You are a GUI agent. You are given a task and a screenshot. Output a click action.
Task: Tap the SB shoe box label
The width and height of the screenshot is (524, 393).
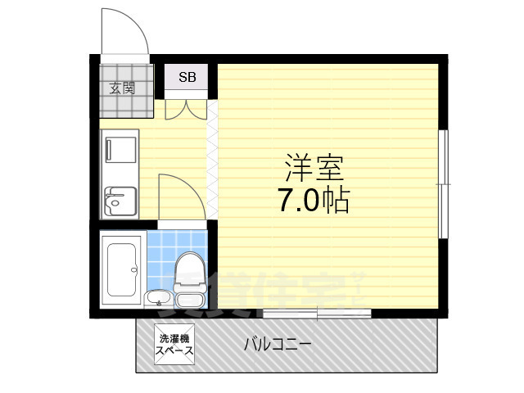pyautogui.click(x=187, y=79)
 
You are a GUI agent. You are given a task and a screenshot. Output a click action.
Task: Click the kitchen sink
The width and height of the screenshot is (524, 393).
pyautogui.click(x=120, y=200)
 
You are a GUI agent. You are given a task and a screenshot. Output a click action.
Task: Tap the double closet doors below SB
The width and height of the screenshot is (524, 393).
pyautogui.click(x=186, y=109)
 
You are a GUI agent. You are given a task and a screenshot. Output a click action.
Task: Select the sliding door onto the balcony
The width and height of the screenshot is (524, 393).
pyautogui.click(x=316, y=313)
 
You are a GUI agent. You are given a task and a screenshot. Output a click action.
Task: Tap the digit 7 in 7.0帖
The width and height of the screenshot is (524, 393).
pyautogui.click(x=288, y=201)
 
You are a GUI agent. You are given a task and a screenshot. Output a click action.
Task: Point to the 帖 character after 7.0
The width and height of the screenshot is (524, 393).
pyautogui.click(x=336, y=200)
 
